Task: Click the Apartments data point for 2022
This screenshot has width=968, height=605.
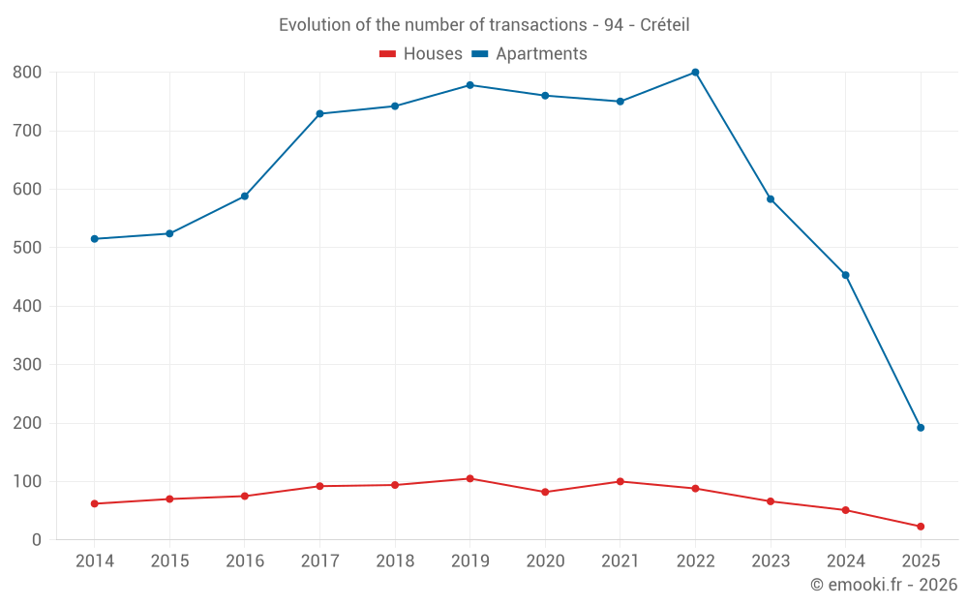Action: (x=695, y=73)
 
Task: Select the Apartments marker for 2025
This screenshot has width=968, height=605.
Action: (x=921, y=428)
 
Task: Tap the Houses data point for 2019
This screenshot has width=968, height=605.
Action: (x=469, y=478)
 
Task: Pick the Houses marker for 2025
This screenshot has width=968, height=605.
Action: (x=921, y=527)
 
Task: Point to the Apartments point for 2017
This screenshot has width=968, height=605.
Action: (x=319, y=114)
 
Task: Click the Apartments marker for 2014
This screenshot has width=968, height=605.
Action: (x=94, y=239)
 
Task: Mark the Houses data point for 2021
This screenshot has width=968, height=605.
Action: (x=620, y=481)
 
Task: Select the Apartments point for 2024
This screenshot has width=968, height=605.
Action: (x=845, y=275)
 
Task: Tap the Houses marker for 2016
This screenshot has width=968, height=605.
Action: (x=245, y=496)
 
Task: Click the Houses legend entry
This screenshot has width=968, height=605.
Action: (x=421, y=54)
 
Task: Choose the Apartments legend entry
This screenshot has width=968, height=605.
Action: (x=529, y=54)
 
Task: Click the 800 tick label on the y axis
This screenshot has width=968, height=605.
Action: (x=27, y=73)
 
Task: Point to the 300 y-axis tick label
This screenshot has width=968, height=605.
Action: (x=27, y=365)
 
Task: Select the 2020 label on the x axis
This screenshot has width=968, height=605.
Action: (x=545, y=561)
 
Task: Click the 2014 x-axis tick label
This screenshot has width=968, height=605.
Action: (x=94, y=561)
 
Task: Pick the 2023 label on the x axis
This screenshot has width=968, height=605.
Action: (x=771, y=561)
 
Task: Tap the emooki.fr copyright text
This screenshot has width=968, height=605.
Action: (x=883, y=585)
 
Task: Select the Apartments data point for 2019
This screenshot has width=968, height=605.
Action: (x=469, y=85)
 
